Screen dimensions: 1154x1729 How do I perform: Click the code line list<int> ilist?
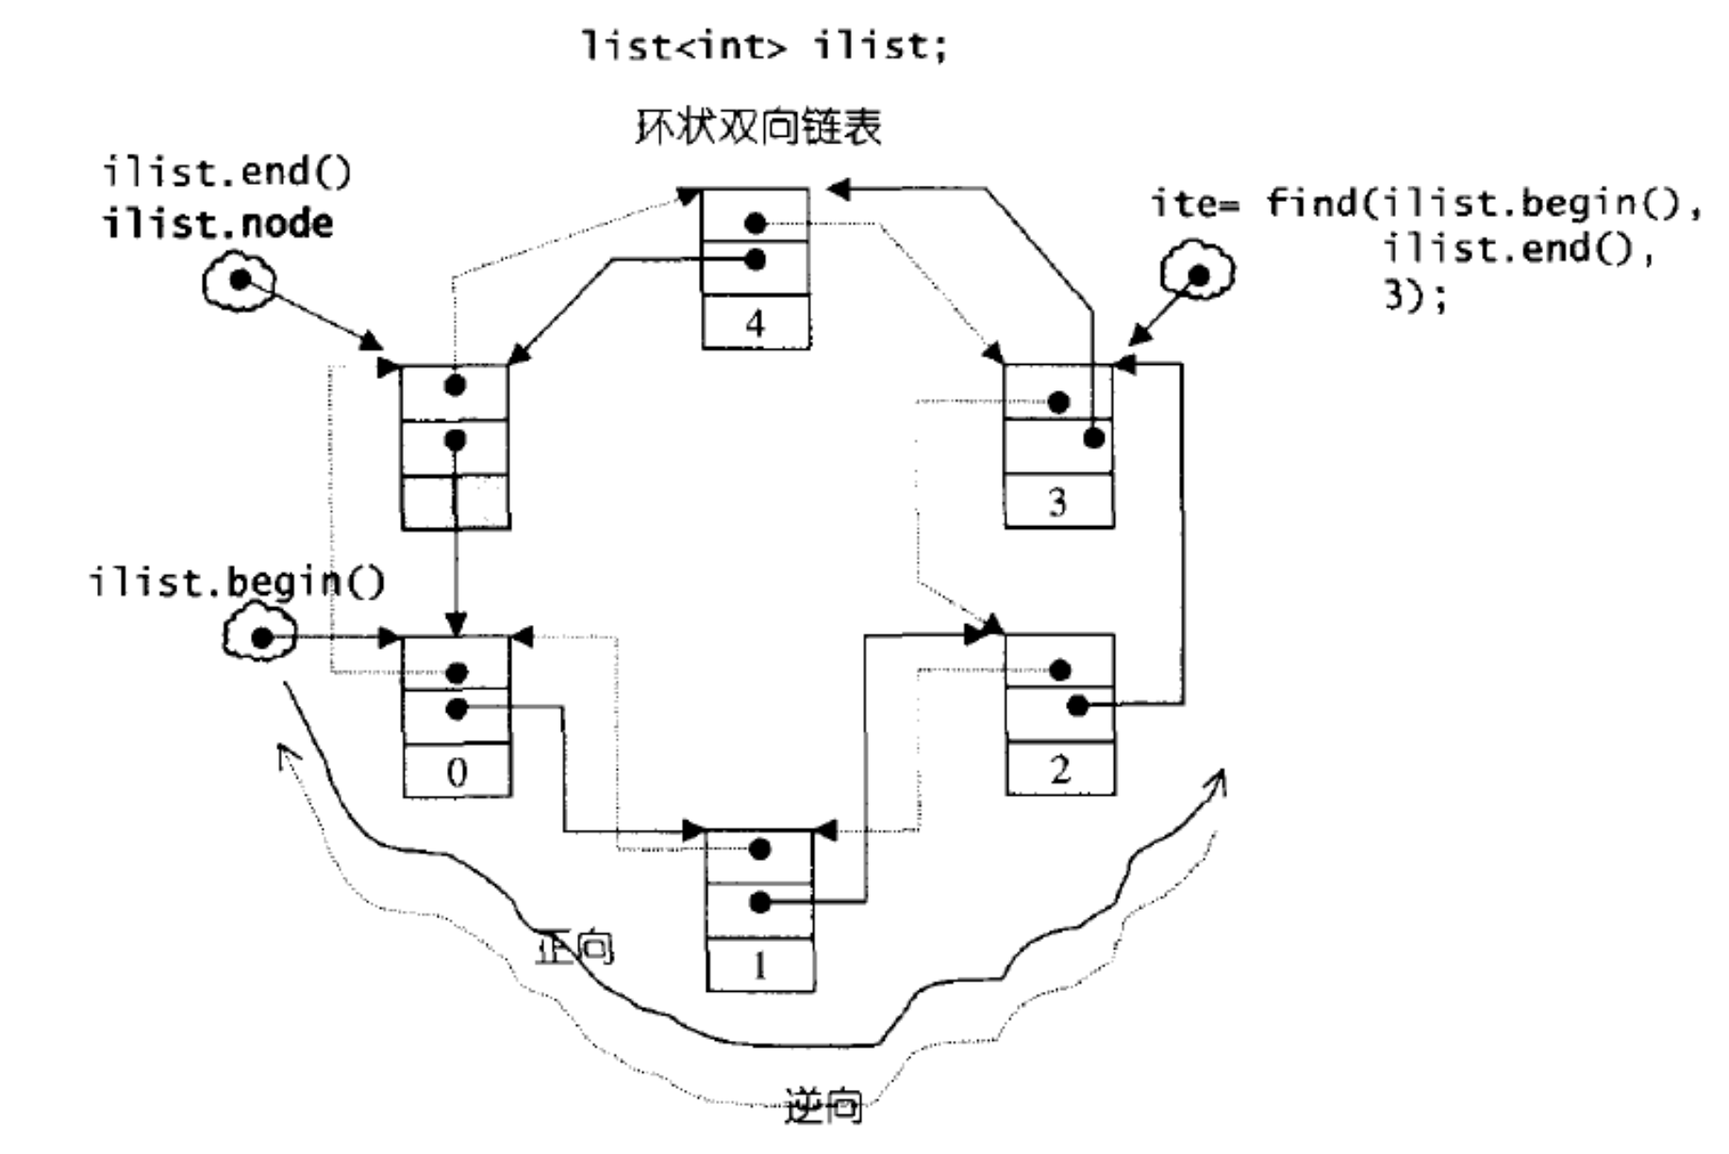[765, 45]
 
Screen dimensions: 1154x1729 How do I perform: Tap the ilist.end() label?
[226, 173]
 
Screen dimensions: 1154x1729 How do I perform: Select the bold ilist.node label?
[218, 224]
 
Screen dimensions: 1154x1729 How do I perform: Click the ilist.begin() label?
[237, 582]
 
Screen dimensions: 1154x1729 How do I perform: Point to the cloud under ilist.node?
[240, 280]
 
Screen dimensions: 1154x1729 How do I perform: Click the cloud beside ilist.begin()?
[259, 636]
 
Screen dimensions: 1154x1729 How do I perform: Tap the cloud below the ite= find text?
[1197, 274]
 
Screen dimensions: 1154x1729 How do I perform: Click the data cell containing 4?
[756, 323]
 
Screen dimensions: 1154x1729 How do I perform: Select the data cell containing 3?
[1058, 501]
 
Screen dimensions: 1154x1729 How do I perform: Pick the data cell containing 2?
[1060, 769]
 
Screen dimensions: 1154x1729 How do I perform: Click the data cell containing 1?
[760, 965]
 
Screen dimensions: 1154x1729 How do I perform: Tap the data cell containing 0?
[457, 771]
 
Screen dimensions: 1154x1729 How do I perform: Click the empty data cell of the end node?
[456, 503]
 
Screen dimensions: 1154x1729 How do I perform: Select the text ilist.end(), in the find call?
[1519, 249]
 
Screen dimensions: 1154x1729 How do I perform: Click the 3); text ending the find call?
[1415, 296]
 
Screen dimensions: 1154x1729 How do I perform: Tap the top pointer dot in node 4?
[755, 223]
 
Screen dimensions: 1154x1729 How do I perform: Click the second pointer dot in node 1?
[760, 903]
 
